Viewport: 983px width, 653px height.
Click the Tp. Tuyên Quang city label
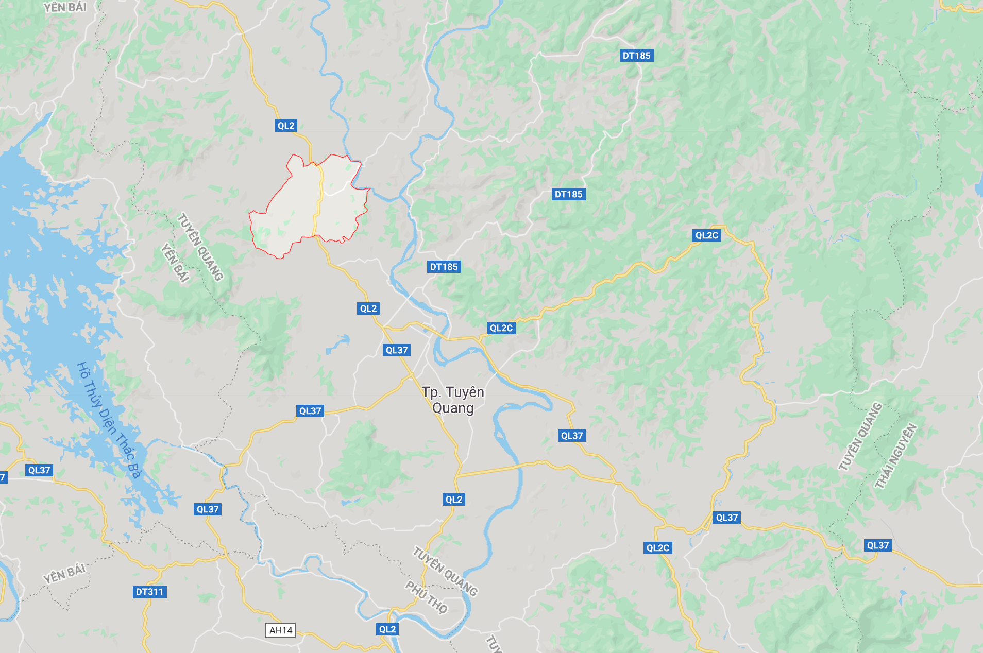click(453, 400)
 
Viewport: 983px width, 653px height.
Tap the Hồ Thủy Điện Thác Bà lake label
click(109, 420)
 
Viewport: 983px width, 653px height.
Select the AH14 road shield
click(281, 630)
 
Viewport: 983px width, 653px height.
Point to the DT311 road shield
click(149, 592)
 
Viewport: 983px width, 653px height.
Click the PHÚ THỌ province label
click(426, 597)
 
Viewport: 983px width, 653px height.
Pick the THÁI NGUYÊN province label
click(896, 456)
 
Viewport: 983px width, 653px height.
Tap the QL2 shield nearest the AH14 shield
click(387, 629)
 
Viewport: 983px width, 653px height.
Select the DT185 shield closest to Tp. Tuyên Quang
click(444, 267)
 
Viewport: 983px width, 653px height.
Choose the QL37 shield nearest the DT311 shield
click(208, 509)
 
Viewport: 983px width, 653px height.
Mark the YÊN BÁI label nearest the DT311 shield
click(64, 573)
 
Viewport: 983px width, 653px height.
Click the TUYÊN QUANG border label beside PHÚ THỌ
click(445, 572)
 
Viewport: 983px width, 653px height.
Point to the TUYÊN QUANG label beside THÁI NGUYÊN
click(860, 437)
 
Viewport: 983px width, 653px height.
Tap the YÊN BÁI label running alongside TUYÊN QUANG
click(175, 263)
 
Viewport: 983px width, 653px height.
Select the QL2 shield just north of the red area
click(286, 126)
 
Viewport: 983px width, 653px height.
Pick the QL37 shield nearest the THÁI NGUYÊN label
click(877, 545)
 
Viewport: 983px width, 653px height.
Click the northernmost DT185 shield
click(636, 56)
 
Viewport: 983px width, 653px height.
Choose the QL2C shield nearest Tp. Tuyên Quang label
click(501, 328)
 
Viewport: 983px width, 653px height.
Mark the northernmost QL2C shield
click(706, 235)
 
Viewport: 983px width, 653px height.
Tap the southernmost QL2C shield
click(658, 548)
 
